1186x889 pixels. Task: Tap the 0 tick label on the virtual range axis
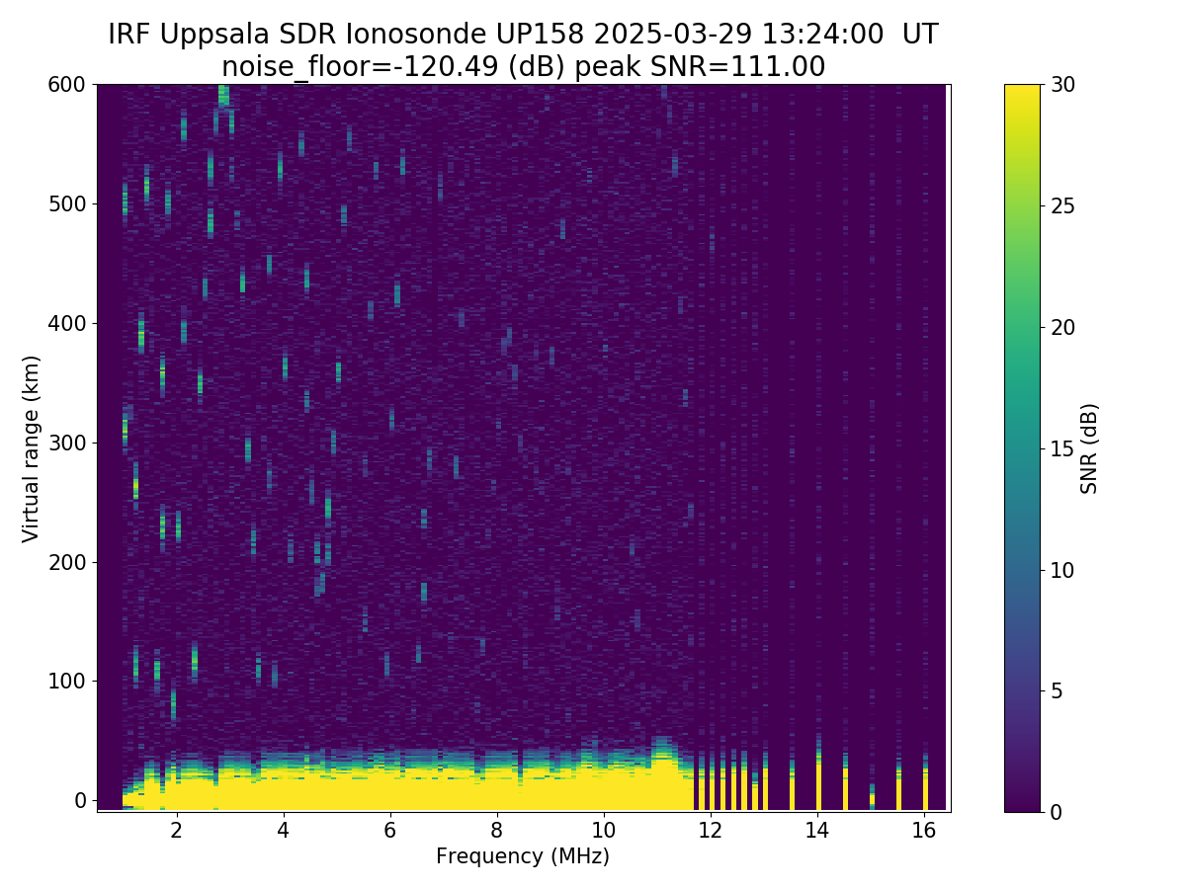[x=80, y=800]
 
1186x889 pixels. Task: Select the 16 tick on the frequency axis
[x=925, y=830]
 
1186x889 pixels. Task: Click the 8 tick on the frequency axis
[x=497, y=830]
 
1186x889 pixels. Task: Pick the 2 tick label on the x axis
[x=177, y=830]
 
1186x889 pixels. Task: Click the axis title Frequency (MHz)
[x=523, y=856]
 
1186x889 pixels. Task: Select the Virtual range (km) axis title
[x=32, y=447]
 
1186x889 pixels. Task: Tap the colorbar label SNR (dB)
[x=1089, y=447]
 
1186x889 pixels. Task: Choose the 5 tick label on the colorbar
[x=1056, y=690]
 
